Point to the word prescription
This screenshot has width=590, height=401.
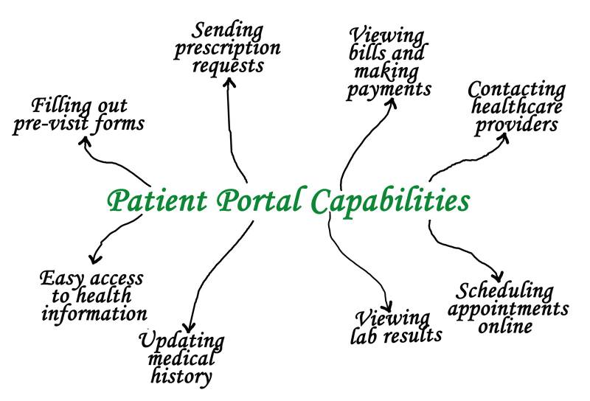235,49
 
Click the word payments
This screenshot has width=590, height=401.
389,90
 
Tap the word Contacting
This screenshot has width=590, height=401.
517,90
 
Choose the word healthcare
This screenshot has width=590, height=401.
516,108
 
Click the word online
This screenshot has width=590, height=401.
505,325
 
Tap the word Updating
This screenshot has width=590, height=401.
181,341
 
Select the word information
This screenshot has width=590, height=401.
94,313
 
